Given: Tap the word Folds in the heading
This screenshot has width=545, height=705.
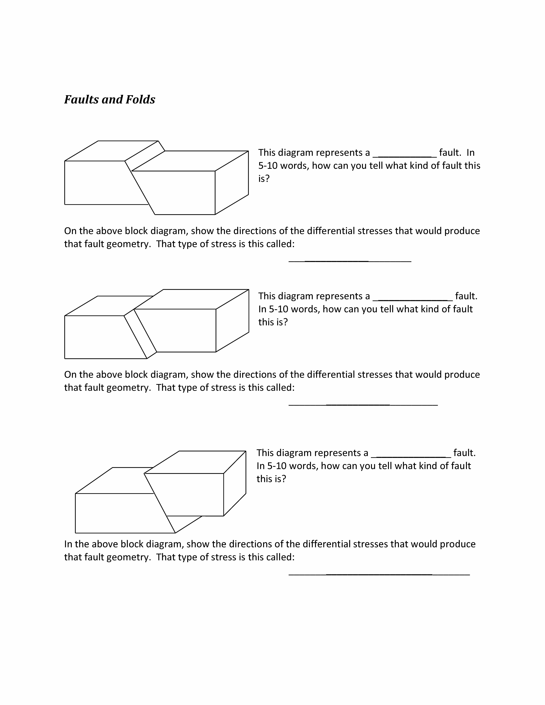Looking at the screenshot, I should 140,99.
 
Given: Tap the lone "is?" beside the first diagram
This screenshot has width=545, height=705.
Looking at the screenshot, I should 264,178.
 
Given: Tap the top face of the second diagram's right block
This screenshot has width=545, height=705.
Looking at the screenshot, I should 191,299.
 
